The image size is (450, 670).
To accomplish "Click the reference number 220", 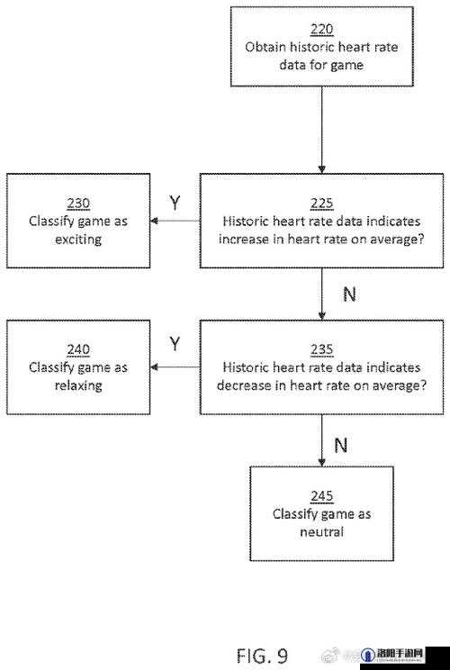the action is tap(321, 29).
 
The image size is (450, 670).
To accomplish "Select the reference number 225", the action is tap(321, 204).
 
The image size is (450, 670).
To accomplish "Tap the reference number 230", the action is tap(78, 204).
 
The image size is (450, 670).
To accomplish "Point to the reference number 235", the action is tap(321, 349).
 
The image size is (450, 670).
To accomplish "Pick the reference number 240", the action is tap(78, 349).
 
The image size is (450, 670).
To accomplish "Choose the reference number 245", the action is tap(321, 496).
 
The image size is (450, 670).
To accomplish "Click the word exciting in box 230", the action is tap(78, 240).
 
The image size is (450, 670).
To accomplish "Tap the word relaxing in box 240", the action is tap(78, 385).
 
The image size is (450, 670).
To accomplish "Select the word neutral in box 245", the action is tap(321, 532).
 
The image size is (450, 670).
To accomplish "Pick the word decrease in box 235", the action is tap(243, 385).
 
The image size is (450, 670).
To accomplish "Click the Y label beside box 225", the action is tap(175, 203).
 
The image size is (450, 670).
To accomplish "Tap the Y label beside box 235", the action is tap(175, 343).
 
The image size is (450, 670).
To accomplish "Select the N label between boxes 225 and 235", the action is tap(349, 294).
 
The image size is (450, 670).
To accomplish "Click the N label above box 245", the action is tap(341, 446).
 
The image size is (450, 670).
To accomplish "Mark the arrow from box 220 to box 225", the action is tap(322, 130).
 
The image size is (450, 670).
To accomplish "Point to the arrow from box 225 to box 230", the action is tap(175, 221).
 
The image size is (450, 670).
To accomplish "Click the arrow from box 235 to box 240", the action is tap(175, 367).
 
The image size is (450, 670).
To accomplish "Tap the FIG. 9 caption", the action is tap(262, 656).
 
